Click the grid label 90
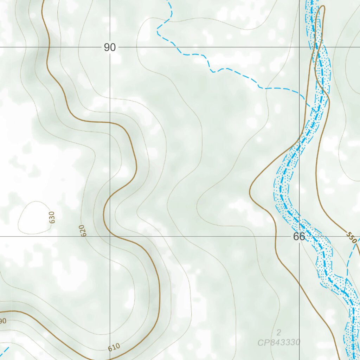click(110, 47)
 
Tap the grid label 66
click(299, 237)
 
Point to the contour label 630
click(52, 217)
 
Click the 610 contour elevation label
click(114, 348)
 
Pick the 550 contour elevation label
click(351, 238)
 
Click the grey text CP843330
click(279, 342)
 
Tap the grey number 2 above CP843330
click(279, 333)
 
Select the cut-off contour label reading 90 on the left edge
click(3, 321)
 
